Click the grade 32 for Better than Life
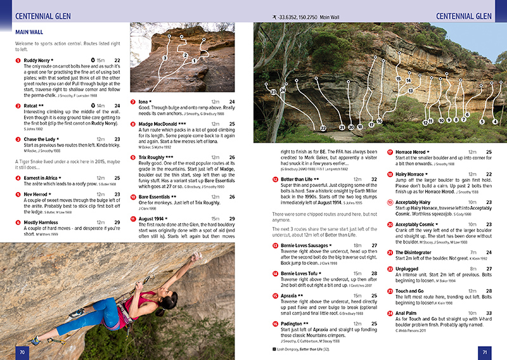click(374, 179)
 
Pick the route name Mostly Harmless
click(43, 222)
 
